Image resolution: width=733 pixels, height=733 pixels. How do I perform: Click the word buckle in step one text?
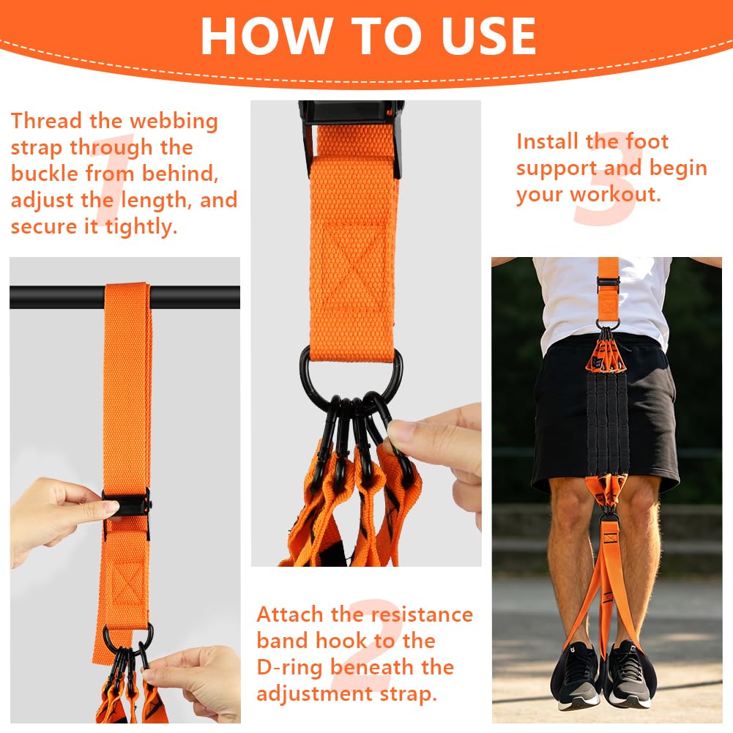[45, 174]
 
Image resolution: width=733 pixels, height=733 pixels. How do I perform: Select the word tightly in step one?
[141, 227]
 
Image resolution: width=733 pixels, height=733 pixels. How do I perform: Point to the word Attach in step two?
[289, 614]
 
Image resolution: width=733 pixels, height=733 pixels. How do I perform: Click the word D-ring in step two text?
[289, 668]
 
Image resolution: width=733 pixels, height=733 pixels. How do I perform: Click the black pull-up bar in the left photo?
[56, 297]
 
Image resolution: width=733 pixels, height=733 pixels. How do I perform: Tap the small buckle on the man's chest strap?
[609, 282]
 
